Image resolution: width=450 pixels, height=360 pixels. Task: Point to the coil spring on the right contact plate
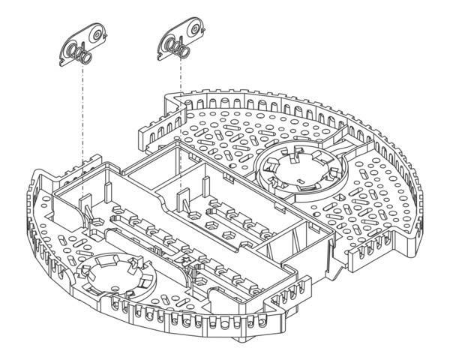pyautogui.click(x=176, y=49)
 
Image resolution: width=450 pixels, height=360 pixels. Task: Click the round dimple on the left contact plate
pyautogui.click(x=96, y=34)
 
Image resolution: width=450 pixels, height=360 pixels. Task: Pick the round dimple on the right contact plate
pyautogui.click(x=194, y=29)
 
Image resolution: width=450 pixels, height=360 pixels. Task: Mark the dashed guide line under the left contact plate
pyautogui.click(x=80, y=112)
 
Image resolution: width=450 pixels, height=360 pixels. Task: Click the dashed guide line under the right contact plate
pyautogui.click(x=181, y=112)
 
